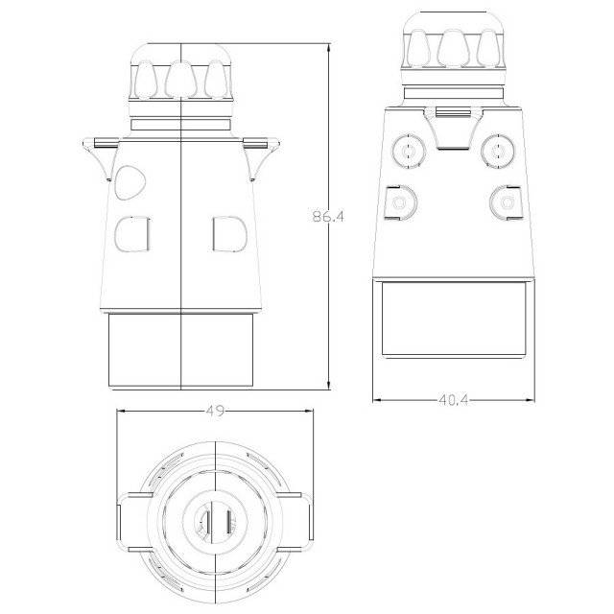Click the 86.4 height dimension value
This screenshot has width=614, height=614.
click(x=328, y=216)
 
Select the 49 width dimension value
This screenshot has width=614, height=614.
click(x=215, y=411)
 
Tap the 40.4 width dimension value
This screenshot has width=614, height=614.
click(x=454, y=400)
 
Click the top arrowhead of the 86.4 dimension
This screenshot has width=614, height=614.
click(x=328, y=48)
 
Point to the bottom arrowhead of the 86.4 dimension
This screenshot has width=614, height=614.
click(x=328, y=385)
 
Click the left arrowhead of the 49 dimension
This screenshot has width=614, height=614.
click(x=122, y=412)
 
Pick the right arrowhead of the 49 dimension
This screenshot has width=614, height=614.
click(x=309, y=412)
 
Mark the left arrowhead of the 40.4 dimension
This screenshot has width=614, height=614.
click(x=378, y=400)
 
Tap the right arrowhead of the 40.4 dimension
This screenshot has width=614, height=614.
click(x=530, y=400)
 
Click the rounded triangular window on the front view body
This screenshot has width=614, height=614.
click(x=130, y=181)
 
